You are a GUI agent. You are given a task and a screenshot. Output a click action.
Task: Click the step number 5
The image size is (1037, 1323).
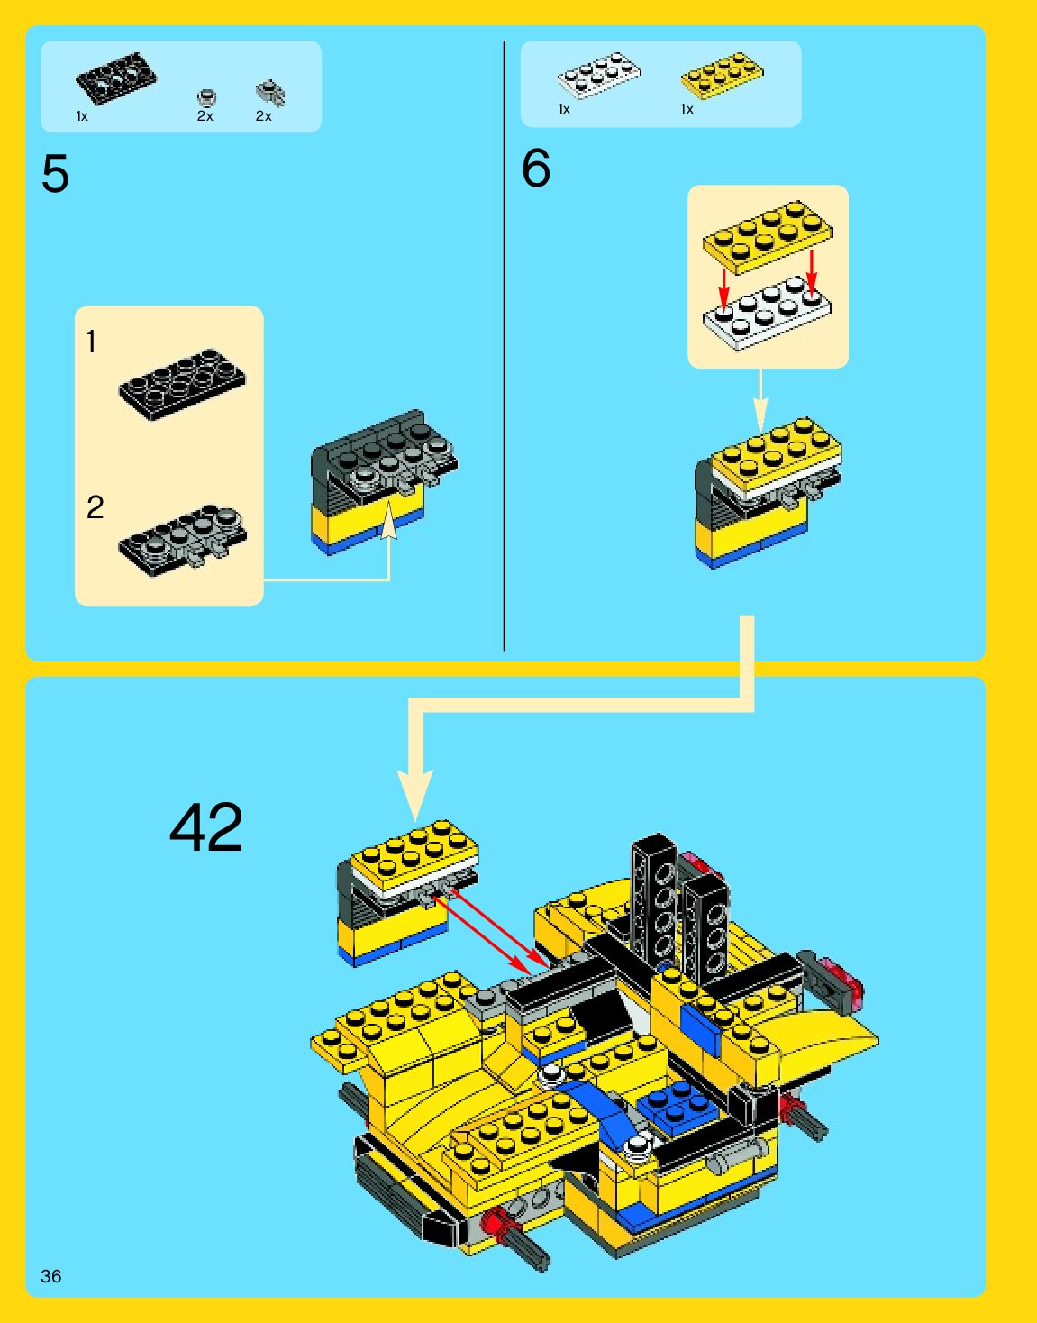55,174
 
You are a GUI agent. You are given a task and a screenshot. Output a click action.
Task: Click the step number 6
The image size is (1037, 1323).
536,169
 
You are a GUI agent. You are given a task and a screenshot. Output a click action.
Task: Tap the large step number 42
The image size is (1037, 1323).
206,827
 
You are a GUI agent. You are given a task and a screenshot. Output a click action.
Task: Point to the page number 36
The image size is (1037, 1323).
51,1275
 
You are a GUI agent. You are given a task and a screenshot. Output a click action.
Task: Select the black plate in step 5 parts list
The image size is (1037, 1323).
115,78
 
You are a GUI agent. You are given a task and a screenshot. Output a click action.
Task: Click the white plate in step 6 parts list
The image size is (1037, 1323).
598,74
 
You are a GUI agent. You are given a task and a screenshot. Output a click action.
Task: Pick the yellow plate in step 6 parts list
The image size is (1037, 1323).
722,74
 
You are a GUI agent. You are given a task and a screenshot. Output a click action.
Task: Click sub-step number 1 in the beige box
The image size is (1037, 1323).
91,342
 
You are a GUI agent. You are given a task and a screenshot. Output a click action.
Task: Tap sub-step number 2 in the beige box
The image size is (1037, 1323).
95,506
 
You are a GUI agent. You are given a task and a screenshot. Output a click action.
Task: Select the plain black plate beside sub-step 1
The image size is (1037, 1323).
182,384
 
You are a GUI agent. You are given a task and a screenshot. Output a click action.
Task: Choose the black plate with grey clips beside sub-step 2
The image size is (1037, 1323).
182,539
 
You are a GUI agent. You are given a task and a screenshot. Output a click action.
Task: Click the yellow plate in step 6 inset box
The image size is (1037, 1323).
768,235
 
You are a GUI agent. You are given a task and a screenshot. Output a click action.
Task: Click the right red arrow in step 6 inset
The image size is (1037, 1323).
811,272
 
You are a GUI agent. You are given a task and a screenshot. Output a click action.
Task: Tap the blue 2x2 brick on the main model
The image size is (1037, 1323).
678,1106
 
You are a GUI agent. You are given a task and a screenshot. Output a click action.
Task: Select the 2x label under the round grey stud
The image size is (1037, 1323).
205,116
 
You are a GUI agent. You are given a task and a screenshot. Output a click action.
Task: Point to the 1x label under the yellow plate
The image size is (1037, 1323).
687,109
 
